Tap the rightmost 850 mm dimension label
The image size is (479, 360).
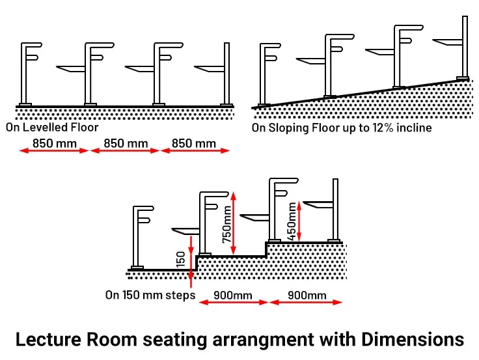coord(194,143)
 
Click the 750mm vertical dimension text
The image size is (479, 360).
coord(226,224)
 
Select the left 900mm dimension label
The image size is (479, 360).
coord(233,295)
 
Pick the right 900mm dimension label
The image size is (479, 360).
coord(307,295)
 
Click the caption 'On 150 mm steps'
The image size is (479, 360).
coord(150,295)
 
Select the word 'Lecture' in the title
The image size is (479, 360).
coord(47,339)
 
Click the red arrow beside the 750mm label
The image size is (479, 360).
coord(235,221)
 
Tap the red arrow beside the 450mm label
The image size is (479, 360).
coord(299,221)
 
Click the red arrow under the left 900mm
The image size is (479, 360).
coord(233,302)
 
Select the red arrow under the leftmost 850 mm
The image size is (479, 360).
coord(53,151)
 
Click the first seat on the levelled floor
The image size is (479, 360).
coord(72,68)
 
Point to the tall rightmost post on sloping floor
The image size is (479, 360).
coord(465,46)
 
